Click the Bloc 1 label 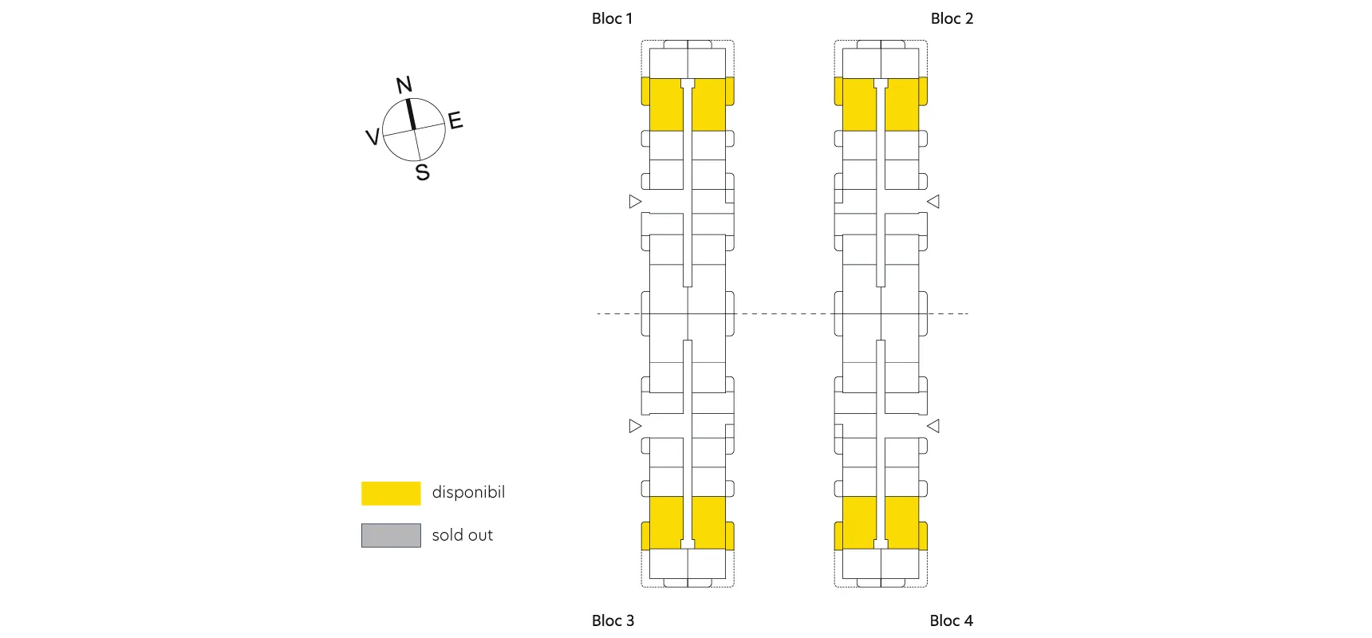click(612, 18)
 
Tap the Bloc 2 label click(952, 18)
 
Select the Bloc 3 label click(613, 620)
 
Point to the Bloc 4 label click(951, 620)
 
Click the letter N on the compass click(404, 85)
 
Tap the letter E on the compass click(455, 120)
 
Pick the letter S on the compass click(423, 172)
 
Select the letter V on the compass click(372, 137)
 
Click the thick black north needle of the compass click(411, 114)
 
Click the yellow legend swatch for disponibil click(391, 493)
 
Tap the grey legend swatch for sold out click(391, 535)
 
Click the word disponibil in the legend click(468, 492)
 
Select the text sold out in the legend click(463, 535)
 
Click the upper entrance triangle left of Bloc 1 click(635, 201)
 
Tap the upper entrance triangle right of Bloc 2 click(933, 201)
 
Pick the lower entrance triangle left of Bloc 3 click(635, 426)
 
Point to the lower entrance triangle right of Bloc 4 click(933, 426)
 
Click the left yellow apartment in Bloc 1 click(665, 105)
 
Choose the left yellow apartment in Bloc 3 click(665, 522)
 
